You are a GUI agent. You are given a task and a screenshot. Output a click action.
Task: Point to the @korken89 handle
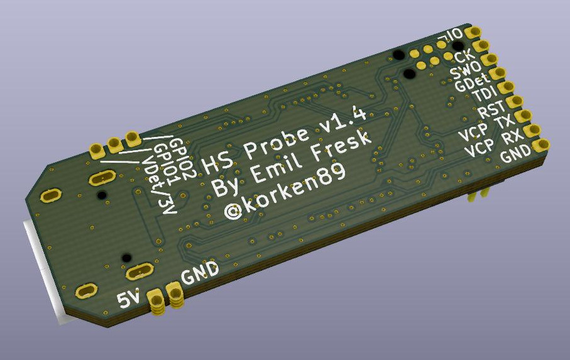tap(285, 192)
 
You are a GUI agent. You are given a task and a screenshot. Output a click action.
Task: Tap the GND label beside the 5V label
tap(200, 272)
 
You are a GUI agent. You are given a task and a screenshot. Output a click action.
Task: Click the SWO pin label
tap(465, 70)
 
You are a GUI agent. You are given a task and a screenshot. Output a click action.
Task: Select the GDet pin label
tap(472, 83)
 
